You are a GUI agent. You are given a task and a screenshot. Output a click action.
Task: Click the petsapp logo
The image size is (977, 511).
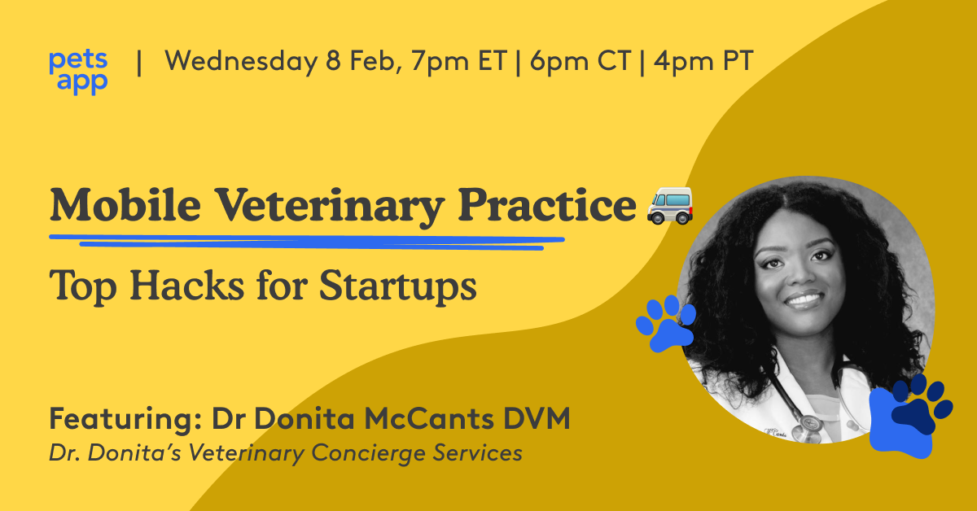coord(78,72)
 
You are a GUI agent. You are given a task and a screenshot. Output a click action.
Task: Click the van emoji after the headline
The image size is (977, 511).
coord(668,204)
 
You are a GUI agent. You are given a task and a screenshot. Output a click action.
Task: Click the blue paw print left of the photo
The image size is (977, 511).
coord(666,323)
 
